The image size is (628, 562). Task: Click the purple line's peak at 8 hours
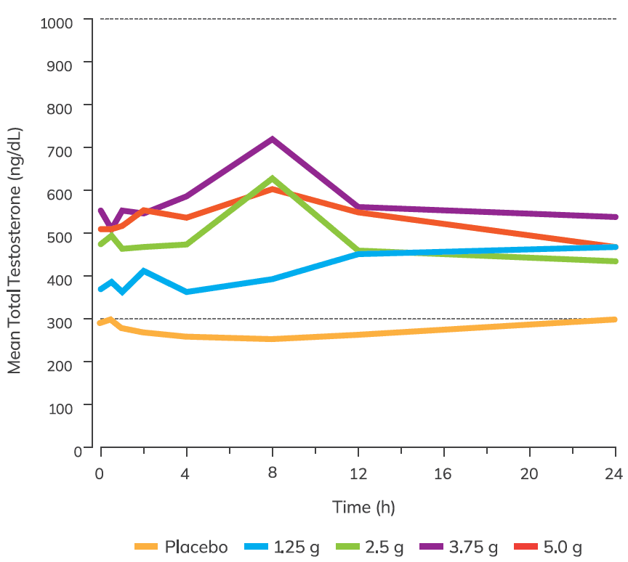273,139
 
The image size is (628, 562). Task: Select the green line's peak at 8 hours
273,179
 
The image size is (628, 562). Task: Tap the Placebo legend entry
181,547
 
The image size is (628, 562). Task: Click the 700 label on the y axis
63,149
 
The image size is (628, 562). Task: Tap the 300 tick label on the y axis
63,320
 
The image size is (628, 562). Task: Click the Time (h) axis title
363,507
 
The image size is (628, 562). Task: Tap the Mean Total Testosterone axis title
15,251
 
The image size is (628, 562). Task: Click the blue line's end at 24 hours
615,247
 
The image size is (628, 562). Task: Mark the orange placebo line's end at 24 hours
615,319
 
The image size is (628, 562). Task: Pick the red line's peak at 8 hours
273,189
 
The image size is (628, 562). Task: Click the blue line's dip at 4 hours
187,292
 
